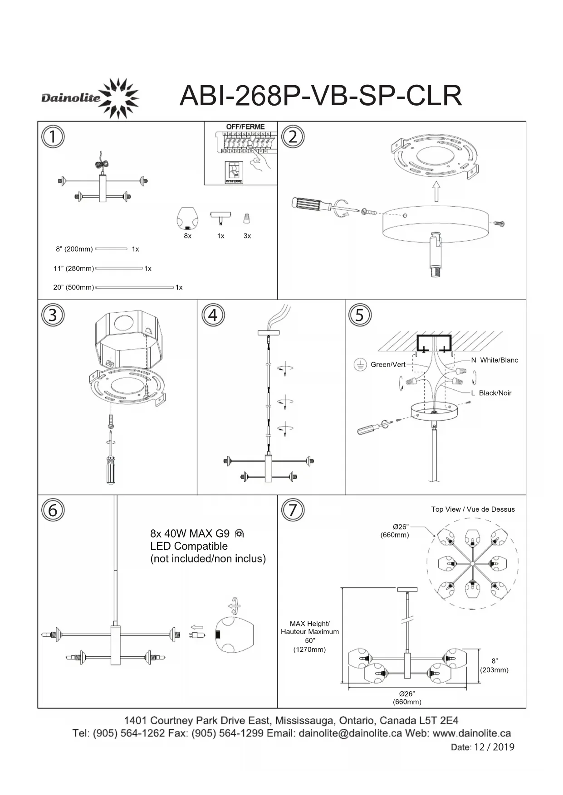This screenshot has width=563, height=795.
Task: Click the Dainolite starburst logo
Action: click(119, 97)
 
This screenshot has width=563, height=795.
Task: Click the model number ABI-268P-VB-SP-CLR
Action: click(320, 96)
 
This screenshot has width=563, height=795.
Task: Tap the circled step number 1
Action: click(53, 136)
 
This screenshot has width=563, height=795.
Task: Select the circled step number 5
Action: click(360, 315)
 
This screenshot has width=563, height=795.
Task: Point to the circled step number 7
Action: click(293, 510)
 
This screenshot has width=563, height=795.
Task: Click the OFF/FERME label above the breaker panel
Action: click(245, 127)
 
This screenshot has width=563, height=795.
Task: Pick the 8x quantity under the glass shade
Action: click(187, 236)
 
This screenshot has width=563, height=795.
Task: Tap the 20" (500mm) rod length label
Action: click(73, 287)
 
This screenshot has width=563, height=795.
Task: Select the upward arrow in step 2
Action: click(436, 191)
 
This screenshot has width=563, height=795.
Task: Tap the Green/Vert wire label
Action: click(388, 364)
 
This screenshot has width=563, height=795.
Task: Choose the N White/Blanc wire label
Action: click(494, 360)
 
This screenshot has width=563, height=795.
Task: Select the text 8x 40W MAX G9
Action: click(190, 533)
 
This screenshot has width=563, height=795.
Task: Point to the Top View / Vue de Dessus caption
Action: click(473, 509)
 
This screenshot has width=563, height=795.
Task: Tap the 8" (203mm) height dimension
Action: click(494, 665)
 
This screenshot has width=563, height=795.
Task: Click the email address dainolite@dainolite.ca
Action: click(350, 733)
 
